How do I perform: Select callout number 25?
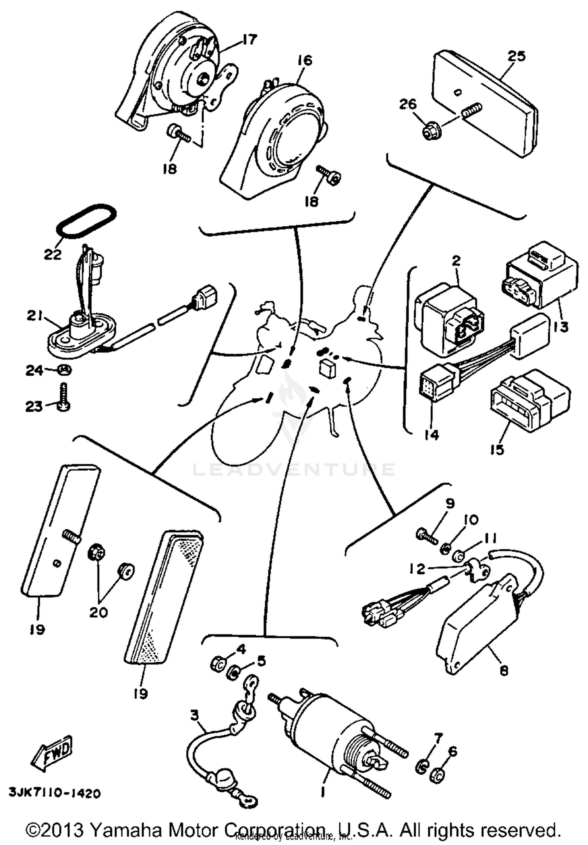516,56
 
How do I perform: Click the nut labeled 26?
430,132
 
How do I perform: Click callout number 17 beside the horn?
250,40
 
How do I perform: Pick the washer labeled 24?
65,370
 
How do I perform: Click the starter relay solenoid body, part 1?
337,725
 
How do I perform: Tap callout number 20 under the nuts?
98,612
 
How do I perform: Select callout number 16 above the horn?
305,61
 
